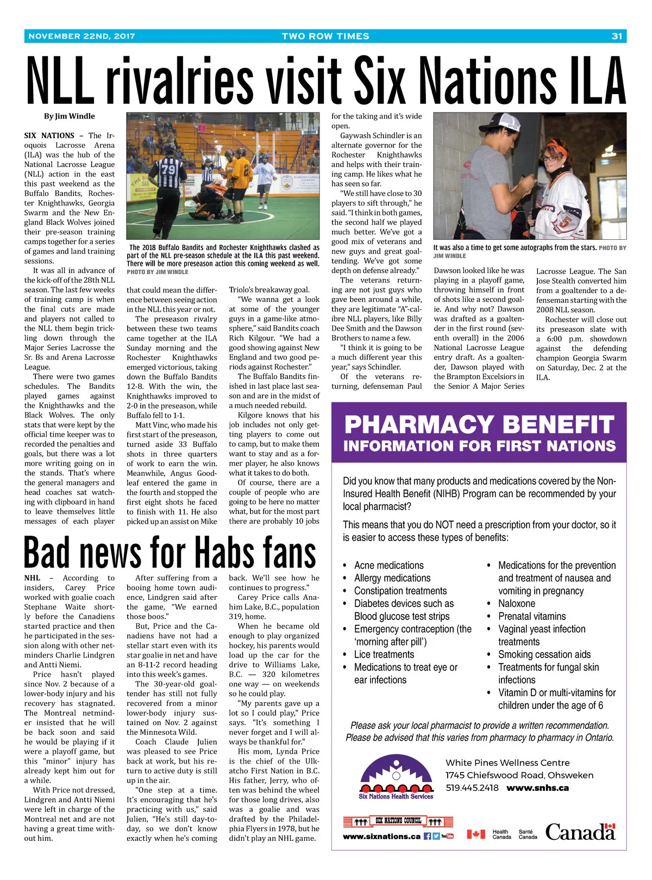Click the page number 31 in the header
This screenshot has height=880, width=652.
[x=617, y=36]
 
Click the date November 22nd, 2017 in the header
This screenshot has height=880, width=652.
[x=81, y=36]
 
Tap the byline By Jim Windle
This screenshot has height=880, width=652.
[x=70, y=116]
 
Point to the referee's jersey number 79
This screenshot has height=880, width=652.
[x=170, y=169]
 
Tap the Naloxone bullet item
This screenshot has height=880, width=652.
[x=516, y=604]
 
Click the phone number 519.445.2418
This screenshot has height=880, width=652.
[x=472, y=788]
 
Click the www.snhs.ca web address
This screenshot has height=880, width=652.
[x=537, y=788]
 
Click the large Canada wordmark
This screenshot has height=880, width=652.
[x=580, y=832]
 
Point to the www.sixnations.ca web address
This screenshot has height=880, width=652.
[x=381, y=836]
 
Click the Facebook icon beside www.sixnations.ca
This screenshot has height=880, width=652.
[x=427, y=836]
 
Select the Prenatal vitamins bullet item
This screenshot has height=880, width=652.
[x=532, y=616]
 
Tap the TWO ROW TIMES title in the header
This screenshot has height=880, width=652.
[x=325, y=36]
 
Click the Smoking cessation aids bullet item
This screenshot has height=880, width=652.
[x=544, y=654]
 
